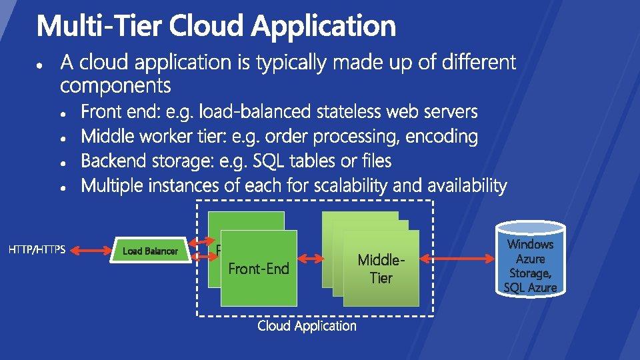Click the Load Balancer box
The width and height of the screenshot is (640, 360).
[151, 251]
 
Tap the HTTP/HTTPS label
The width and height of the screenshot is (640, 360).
[37, 251]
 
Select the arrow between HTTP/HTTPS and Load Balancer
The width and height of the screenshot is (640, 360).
[91, 251]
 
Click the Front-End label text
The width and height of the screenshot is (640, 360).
[259, 269]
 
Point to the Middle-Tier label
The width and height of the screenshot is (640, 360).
[381, 268]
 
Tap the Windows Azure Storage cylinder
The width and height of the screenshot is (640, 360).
[531, 260]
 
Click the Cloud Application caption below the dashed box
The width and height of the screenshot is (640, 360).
[307, 326]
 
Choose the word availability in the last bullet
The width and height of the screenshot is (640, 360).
[463, 186]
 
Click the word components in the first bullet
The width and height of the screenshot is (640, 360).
[115, 86]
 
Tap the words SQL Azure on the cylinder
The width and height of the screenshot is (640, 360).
[531, 287]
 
